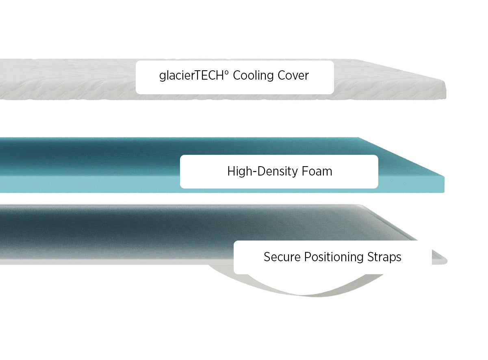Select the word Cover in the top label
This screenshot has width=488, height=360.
(293, 76)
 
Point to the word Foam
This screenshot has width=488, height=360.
(317, 171)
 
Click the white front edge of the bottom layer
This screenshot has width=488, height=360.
(102, 262)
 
